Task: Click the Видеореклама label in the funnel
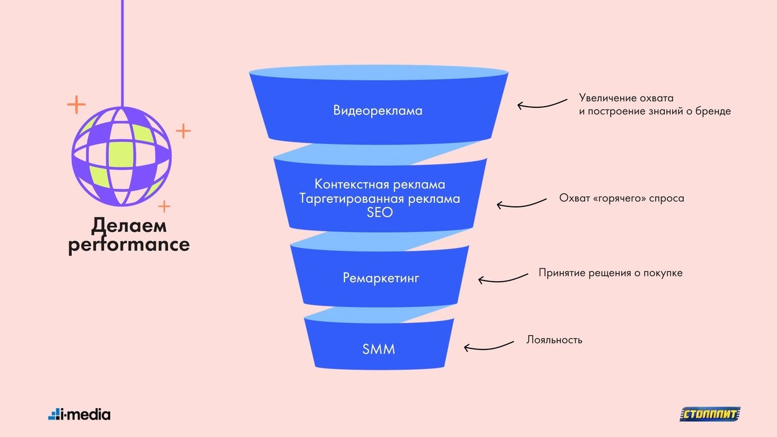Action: click(377, 110)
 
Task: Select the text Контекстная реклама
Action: click(380, 184)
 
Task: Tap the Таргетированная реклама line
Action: click(380, 199)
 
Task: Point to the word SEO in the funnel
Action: click(380, 213)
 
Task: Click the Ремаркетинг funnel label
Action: click(380, 278)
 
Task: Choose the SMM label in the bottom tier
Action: click(379, 349)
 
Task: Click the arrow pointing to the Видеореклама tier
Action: click(542, 104)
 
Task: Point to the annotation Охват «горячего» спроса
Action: click(622, 198)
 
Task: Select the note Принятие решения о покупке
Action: click(610, 272)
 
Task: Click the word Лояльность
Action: click(554, 340)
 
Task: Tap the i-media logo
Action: click(79, 414)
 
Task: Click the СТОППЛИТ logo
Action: click(710, 414)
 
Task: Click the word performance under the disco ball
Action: click(129, 245)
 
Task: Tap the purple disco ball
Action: click(122, 156)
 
